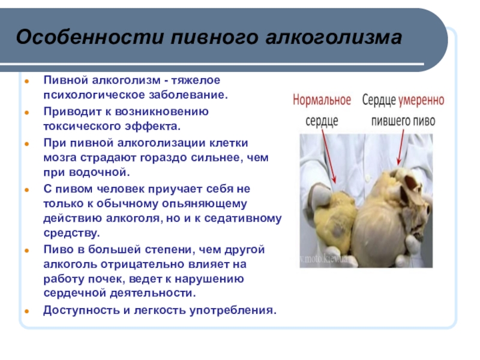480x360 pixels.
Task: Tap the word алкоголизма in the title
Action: pos(334,37)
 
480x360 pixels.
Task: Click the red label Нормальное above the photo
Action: pos(322,100)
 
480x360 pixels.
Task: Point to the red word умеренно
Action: pos(421,100)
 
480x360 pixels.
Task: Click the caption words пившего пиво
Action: pos(403,121)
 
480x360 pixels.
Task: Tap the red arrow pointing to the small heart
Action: pos(329,156)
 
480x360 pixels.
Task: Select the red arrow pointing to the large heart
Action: pos(400,147)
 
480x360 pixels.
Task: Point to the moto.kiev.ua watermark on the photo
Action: pos(323,259)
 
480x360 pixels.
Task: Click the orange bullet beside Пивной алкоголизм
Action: pos(27,82)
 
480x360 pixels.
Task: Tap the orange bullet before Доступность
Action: pos(27,311)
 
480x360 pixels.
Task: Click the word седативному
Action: pos(243,218)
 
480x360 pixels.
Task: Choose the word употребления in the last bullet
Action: pos(233,310)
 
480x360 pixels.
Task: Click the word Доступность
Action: pos(82,310)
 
